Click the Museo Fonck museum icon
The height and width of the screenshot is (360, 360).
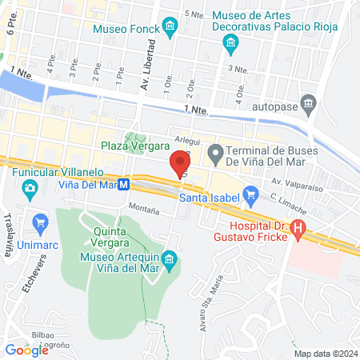170,29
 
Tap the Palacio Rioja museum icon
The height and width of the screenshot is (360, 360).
232,48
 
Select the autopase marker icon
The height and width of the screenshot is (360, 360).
310,103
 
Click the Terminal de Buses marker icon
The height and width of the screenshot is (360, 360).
214,150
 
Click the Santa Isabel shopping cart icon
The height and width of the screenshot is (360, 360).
250,193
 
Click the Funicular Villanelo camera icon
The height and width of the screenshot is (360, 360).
30,189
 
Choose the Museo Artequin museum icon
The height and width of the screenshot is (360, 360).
169,260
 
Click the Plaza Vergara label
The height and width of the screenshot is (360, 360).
135,146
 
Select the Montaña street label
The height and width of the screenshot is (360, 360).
142,206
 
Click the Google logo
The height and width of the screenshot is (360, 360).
26,349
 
